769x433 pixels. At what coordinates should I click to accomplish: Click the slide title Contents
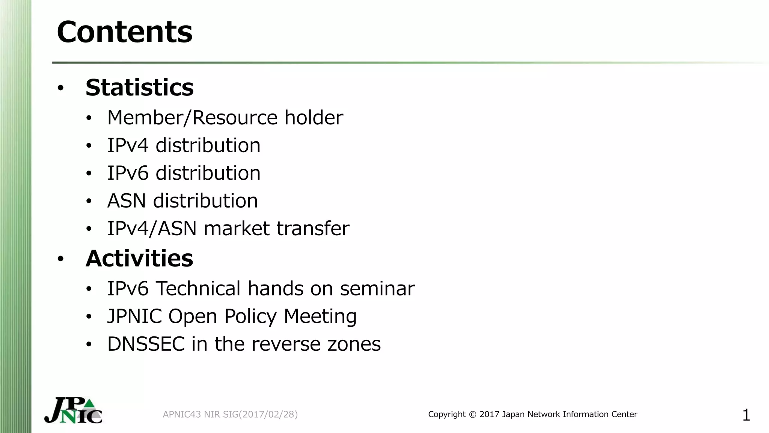[x=124, y=32]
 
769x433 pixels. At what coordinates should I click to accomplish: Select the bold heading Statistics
[x=139, y=88]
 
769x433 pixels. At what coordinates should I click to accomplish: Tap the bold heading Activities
[x=139, y=259]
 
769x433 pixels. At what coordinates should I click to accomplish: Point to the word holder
[x=314, y=118]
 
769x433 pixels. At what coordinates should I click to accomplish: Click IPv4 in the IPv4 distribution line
[x=128, y=145]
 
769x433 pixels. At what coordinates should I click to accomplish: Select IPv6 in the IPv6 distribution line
[x=128, y=173]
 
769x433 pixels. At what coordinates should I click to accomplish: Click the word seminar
[x=377, y=289]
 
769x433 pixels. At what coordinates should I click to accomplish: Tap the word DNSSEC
[x=146, y=344]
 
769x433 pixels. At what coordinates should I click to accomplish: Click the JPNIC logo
[x=74, y=410]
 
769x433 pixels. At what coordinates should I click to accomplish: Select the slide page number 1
[x=746, y=415]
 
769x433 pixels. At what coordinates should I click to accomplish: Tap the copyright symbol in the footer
[x=472, y=415]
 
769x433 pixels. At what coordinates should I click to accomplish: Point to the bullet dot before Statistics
[x=60, y=88]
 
